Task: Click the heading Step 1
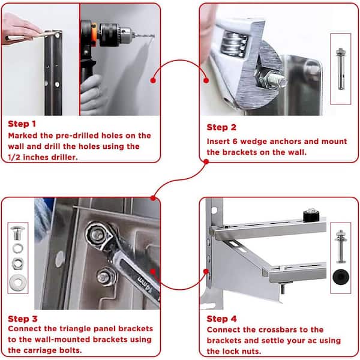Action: point(22,124)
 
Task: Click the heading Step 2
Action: point(221,127)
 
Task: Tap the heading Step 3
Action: point(23,319)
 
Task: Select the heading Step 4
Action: point(221,319)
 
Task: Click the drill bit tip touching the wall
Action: point(154,36)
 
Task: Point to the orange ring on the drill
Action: point(94,32)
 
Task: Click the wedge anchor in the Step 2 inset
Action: point(341,69)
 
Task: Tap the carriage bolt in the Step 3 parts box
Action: point(17,233)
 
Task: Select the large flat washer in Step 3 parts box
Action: point(17,282)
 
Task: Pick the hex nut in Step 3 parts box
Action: point(17,263)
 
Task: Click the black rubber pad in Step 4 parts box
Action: point(341,277)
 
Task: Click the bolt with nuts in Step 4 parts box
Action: point(341,247)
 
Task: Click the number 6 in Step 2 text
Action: point(235,142)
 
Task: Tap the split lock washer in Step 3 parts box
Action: point(17,248)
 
